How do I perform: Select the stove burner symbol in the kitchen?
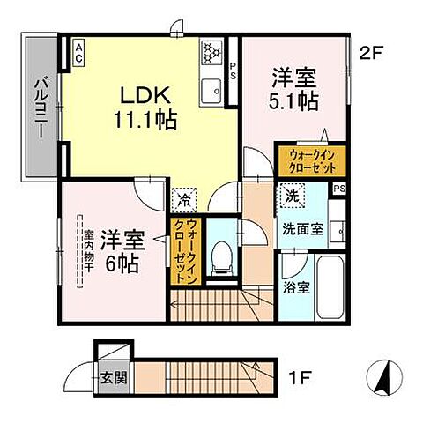click(212, 51)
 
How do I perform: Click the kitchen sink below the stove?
click(212, 89)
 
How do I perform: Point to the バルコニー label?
click(41, 107)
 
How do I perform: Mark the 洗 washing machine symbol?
click(291, 196)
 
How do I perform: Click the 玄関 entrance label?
click(108, 380)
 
